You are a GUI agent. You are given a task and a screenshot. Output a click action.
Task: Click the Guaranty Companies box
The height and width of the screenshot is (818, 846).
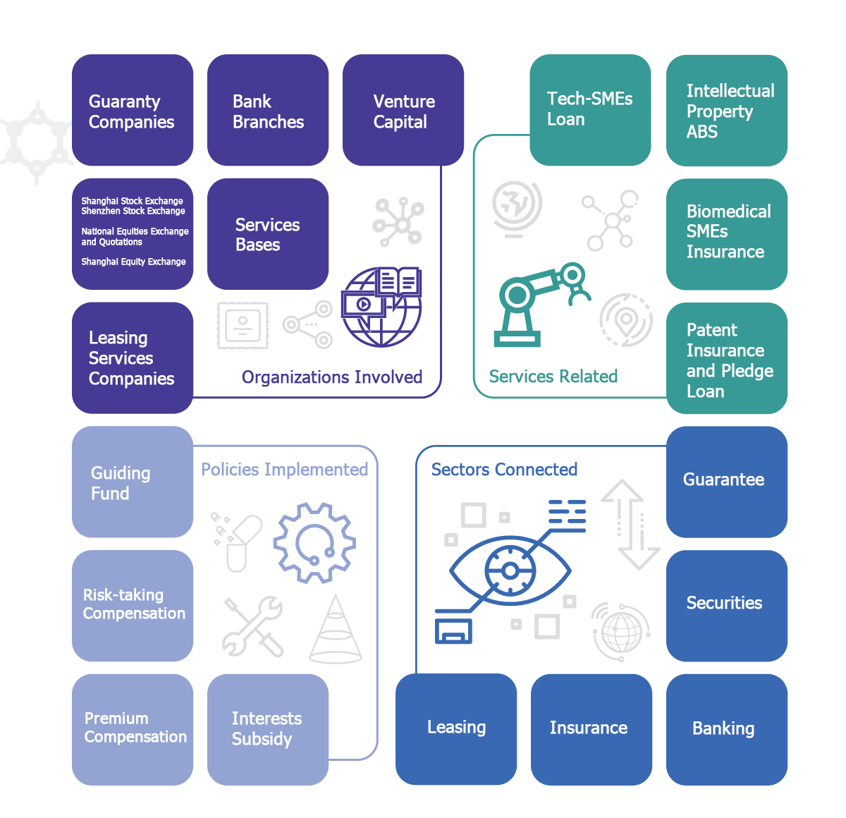tap(133, 111)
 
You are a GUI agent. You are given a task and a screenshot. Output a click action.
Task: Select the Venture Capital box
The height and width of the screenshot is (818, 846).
tap(403, 111)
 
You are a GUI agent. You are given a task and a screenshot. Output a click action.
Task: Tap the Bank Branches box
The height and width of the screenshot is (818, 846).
tap(268, 111)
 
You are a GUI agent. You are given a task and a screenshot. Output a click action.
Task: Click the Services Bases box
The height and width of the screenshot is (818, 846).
tap(268, 234)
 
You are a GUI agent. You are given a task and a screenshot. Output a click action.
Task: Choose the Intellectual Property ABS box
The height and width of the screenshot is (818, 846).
tap(727, 111)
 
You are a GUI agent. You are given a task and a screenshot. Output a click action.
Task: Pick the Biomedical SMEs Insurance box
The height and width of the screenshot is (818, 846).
tap(727, 233)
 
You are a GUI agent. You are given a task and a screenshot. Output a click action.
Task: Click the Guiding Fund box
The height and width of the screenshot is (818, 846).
tap(133, 482)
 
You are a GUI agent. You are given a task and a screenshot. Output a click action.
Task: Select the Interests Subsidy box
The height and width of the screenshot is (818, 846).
tap(268, 729)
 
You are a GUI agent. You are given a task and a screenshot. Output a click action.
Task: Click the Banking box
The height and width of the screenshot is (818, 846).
tap(727, 729)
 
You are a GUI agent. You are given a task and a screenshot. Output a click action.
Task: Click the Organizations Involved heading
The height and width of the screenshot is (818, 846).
tap(332, 377)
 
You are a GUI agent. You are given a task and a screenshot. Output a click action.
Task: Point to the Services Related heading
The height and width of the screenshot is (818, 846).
tap(553, 377)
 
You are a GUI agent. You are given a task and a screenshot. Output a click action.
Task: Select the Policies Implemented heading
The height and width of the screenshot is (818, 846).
tap(284, 470)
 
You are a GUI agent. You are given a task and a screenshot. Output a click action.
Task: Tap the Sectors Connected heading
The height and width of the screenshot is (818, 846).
tap(504, 470)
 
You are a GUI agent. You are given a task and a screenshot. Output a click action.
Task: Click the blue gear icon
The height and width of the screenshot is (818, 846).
tap(314, 542)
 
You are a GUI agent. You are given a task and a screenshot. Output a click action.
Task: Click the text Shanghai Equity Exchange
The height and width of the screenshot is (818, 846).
tap(133, 262)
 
